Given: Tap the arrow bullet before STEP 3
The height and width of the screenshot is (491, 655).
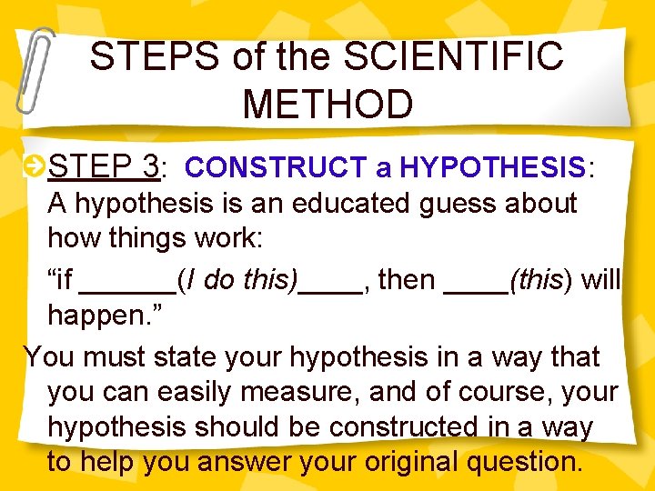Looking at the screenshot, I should pos(34,165).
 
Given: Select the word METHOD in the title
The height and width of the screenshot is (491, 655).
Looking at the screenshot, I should pos(327,104).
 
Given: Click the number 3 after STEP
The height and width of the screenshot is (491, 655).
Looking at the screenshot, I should pos(151,166).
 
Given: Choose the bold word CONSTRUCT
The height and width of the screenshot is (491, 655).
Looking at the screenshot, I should pos(275,168).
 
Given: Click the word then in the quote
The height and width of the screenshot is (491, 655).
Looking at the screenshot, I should pos(406,280).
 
